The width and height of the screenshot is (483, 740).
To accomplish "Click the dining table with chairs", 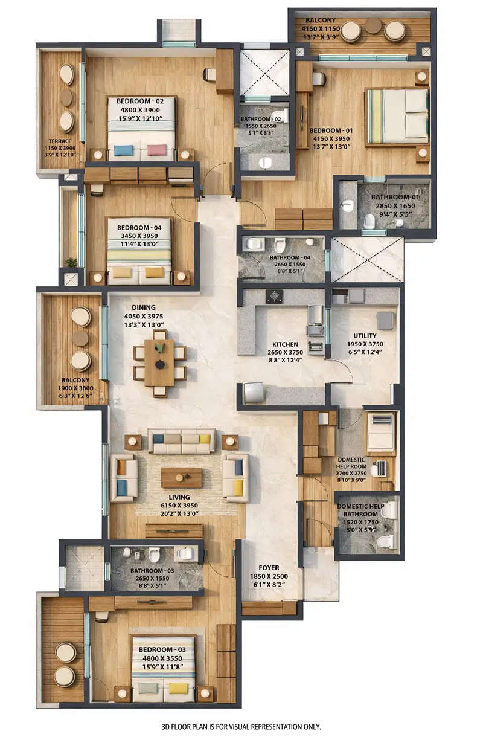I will point(159,362).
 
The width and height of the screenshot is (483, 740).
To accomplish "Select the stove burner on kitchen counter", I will point(275,297).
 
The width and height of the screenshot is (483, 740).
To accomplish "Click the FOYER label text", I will point(269,568).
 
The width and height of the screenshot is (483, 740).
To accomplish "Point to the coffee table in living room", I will point(181,478).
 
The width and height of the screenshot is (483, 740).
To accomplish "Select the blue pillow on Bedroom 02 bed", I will point(123,150).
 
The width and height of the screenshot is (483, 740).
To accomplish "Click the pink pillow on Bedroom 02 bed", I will point(157,150).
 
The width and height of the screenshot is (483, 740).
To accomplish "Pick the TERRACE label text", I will point(60,141).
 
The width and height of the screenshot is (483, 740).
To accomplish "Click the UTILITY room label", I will point(365,335).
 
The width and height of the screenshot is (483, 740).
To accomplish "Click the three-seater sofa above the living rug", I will point(182,442).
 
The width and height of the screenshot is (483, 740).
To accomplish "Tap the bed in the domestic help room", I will point(380,432).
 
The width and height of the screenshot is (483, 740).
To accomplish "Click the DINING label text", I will point(143,307).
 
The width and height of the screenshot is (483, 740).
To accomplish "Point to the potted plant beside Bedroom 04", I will point(71,262).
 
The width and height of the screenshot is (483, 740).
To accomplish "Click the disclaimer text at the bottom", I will point(241,726).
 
